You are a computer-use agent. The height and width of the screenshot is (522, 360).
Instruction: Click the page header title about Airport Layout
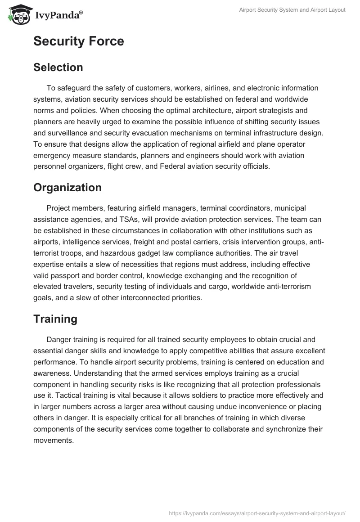click(292, 9)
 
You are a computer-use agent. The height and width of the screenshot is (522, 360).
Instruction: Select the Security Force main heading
click(78, 41)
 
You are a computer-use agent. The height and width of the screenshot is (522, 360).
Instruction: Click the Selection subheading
click(58, 67)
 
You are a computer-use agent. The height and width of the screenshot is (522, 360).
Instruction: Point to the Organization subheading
click(67, 188)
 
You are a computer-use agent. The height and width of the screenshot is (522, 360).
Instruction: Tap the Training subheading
click(55, 319)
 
